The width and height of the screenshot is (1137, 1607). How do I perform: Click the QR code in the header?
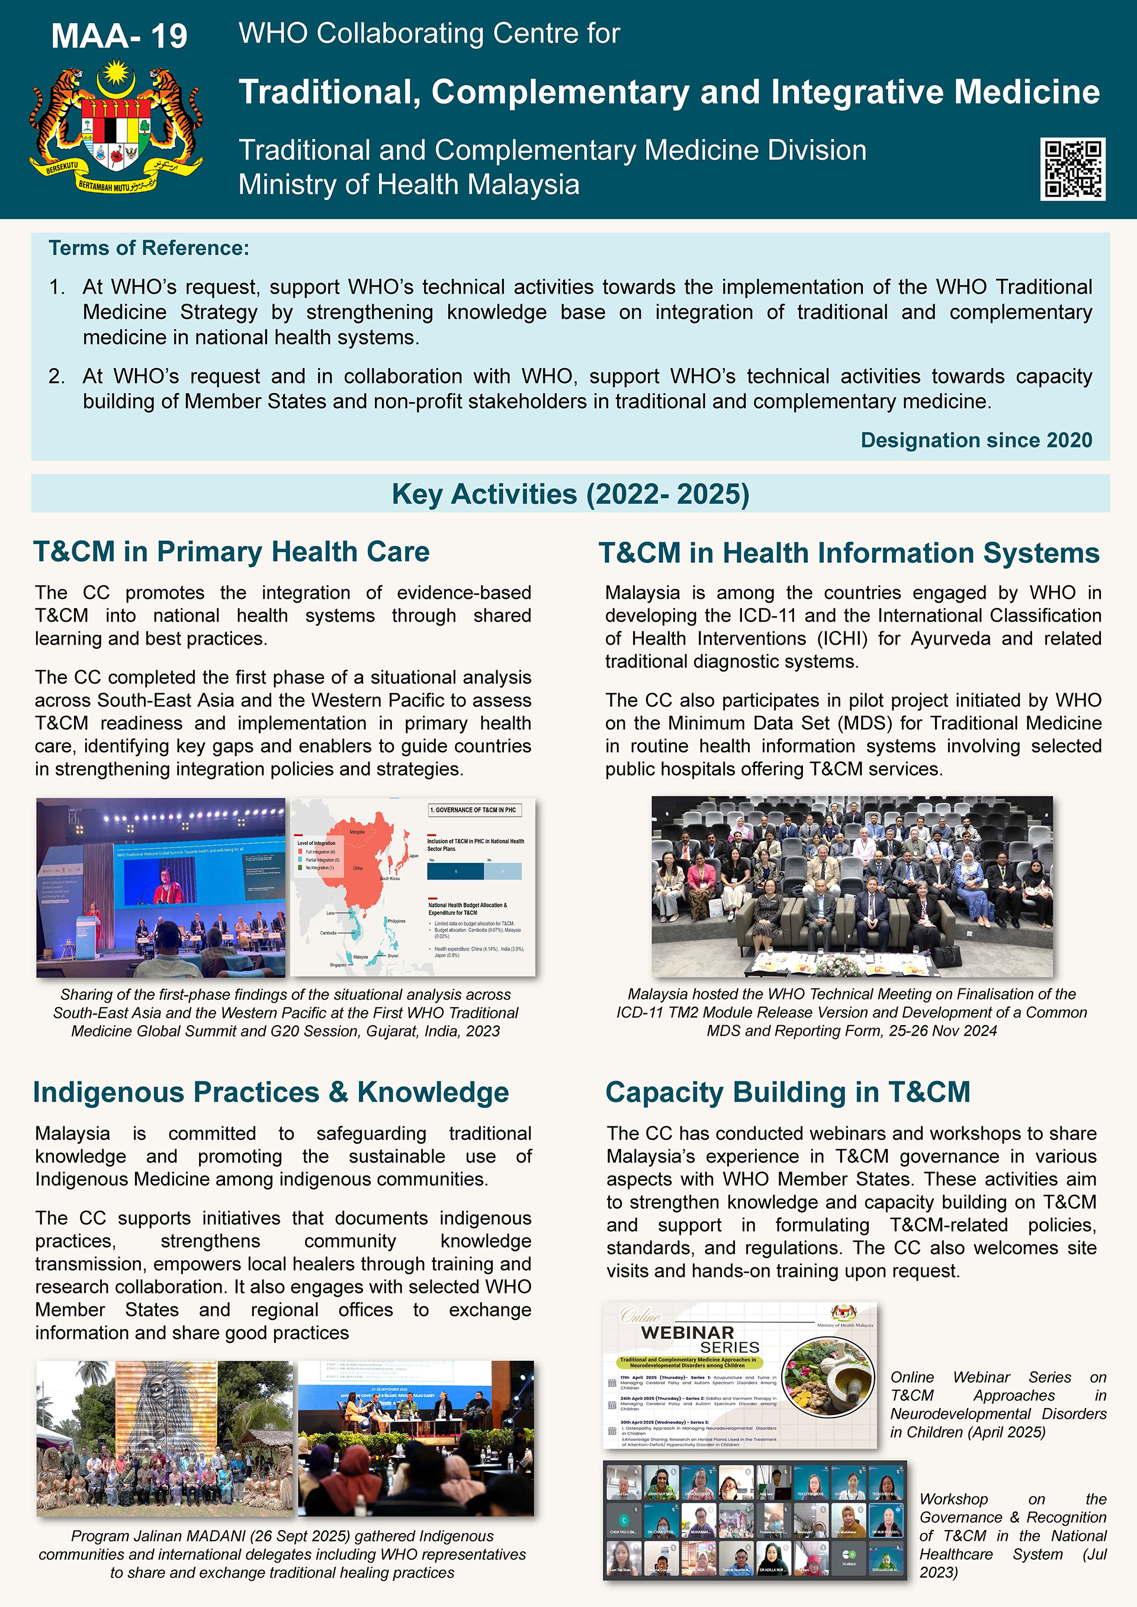coord(1072,169)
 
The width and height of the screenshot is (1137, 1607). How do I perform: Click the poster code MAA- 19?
coord(119,36)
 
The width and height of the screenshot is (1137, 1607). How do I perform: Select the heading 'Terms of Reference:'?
coord(149,249)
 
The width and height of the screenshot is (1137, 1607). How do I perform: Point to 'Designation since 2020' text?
coord(976,440)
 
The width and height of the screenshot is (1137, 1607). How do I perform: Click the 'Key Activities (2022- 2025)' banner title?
coord(570,494)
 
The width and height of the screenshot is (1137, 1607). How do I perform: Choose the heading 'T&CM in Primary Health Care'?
coord(231,552)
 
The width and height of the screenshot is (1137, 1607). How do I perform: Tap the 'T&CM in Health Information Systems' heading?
coord(849,553)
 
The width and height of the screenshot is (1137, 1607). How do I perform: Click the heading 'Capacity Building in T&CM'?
coord(788,1093)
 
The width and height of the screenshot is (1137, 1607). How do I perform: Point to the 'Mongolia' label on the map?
coord(357,832)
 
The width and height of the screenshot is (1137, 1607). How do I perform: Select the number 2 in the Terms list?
coord(56,376)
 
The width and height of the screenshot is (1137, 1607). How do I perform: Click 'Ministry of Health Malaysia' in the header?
coord(408,185)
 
